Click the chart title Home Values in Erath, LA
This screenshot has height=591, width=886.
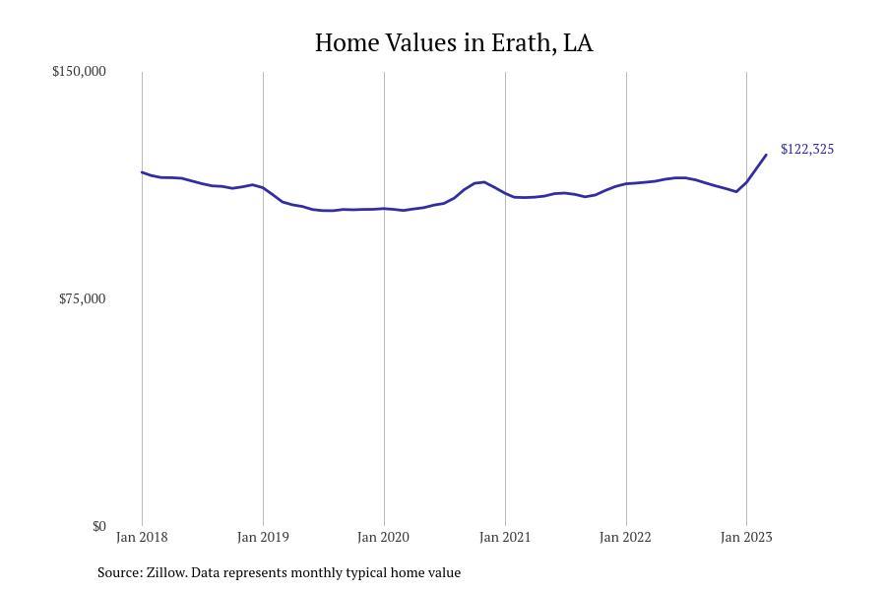pyautogui.click(x=454, y=43)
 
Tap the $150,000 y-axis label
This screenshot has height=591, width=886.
pyautogui.click(x=79, y=72)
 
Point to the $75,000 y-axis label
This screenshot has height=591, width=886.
pyautogui.click(x=82, y=299)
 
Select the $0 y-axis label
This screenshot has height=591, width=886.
pyautogui.click(x=98, y=527)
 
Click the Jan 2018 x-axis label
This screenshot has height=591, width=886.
pyautogui.click(x=142, y=538)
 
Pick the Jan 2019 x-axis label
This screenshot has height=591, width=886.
pyautogui.click(x=263, y=538)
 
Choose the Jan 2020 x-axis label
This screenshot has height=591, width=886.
pyautogui.click(x=384, y=538)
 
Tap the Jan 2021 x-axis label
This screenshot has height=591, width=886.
pyautogui.click(x=505, y=538)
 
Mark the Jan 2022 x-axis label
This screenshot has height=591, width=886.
pyautogui.click(x=626, y=538)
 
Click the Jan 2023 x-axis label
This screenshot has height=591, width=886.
pyautogui.click(x=746, y=538)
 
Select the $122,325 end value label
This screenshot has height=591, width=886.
pyautogui.click(x=806, y=150)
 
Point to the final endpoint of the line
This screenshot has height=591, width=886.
pyautogui.click(x=766, y=155)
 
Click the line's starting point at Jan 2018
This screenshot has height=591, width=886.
pyautogui.click(x=142, y=172)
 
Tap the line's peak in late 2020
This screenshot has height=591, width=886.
pyautogui.click(x=483, y=182)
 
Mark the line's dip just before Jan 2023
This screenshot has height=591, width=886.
pyautogui.click(x=736, y=191)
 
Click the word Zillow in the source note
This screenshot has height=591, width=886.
pyautogui.click(x=166, y=572)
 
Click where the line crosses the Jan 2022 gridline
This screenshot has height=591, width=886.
pyautogui.click(x=626, y=183)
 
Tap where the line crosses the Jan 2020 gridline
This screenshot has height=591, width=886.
pyautogui.click(x=384, y=209)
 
